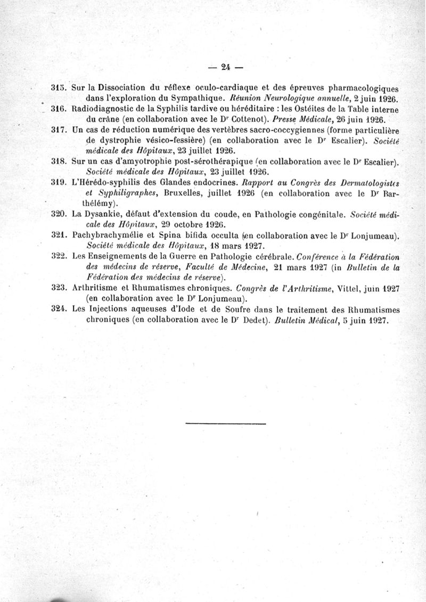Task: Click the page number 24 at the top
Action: coord(225,68)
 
